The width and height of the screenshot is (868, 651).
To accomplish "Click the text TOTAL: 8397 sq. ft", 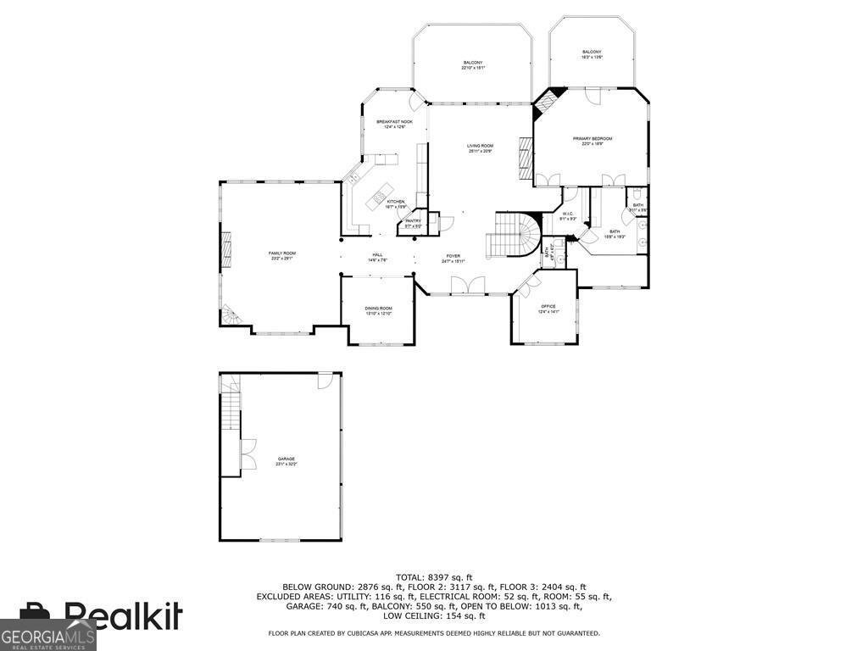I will tap(434, 576).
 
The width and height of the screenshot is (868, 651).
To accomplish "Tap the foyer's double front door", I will tap(468, 287).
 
